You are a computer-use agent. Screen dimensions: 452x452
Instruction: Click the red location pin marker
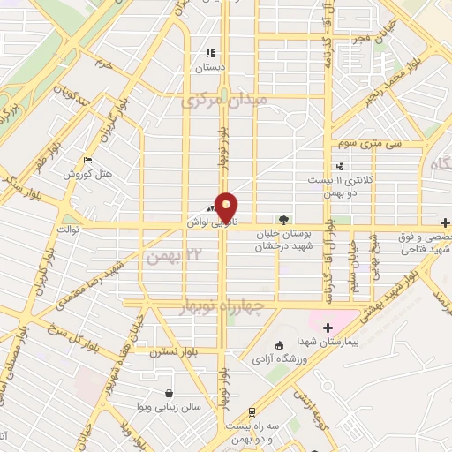(228, 207)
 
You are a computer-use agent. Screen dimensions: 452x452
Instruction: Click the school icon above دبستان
(210, 53)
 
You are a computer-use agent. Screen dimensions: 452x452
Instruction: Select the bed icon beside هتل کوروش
(87, 160)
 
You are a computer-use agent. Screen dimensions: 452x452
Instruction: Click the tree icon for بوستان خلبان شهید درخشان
(282, 220)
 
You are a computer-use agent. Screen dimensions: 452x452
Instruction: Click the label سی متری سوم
(374, 142)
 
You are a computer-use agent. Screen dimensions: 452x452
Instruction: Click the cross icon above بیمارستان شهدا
(328, 328)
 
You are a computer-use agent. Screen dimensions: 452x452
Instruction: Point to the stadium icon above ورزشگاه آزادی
(280, 345)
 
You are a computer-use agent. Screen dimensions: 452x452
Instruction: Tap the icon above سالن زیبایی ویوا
(169, 393)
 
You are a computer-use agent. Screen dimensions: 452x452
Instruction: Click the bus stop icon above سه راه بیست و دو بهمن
(252, 411)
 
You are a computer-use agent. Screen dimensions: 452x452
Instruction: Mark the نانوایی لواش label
(205, 223)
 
